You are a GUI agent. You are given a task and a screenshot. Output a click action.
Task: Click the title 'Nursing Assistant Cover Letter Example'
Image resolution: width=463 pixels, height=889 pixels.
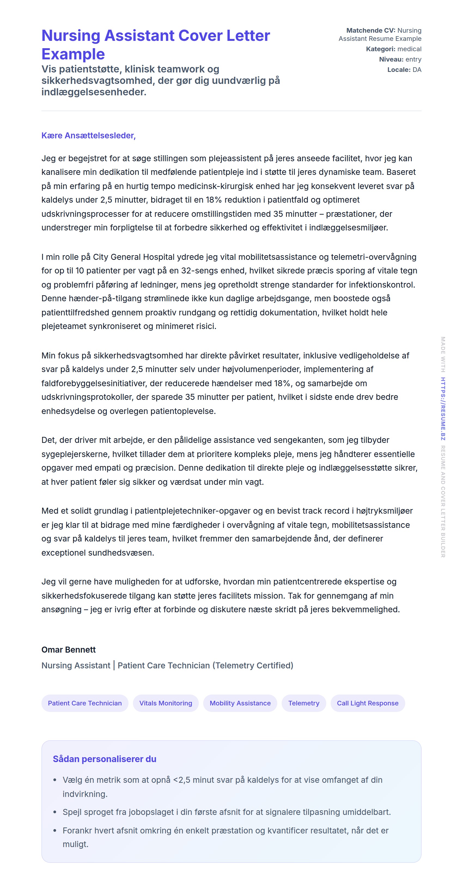pyautogui.click(x=155, y=44)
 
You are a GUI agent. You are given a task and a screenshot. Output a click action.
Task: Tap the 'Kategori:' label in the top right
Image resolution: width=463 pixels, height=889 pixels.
pyautogui.click(x=380, y=49)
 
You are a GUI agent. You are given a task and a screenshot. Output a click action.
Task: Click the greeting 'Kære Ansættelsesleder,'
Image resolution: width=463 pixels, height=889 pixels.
pyautogui.click(x=88, y=136)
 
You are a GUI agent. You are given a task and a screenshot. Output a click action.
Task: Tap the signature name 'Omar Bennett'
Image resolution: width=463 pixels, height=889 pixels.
pyautogui.click(x=68, y=650)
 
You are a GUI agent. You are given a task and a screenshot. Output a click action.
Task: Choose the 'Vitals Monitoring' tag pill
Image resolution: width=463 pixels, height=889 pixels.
pyautogui.click(x=166, y=703)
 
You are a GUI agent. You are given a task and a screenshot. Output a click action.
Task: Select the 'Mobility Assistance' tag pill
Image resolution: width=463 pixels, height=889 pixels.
pyautogui.click(x=240, y=703)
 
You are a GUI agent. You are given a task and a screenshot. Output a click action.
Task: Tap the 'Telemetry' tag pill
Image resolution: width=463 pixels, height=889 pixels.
pyautogui.click(x=304, y=703)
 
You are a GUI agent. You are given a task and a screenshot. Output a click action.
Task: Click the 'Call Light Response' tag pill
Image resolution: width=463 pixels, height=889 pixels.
pyautogui.click(x=367, y=703)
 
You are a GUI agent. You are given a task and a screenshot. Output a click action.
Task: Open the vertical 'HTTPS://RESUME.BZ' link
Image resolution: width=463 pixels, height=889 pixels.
pyautogui.click(x=443, y=409)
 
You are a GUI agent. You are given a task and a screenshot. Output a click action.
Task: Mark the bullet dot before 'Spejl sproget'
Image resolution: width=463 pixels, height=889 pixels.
pyautogui.click(x=54, y=812)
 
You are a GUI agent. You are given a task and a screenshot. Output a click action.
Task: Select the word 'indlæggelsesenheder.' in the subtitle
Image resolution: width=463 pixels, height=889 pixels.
pyautogui.click(x=94, y=92)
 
